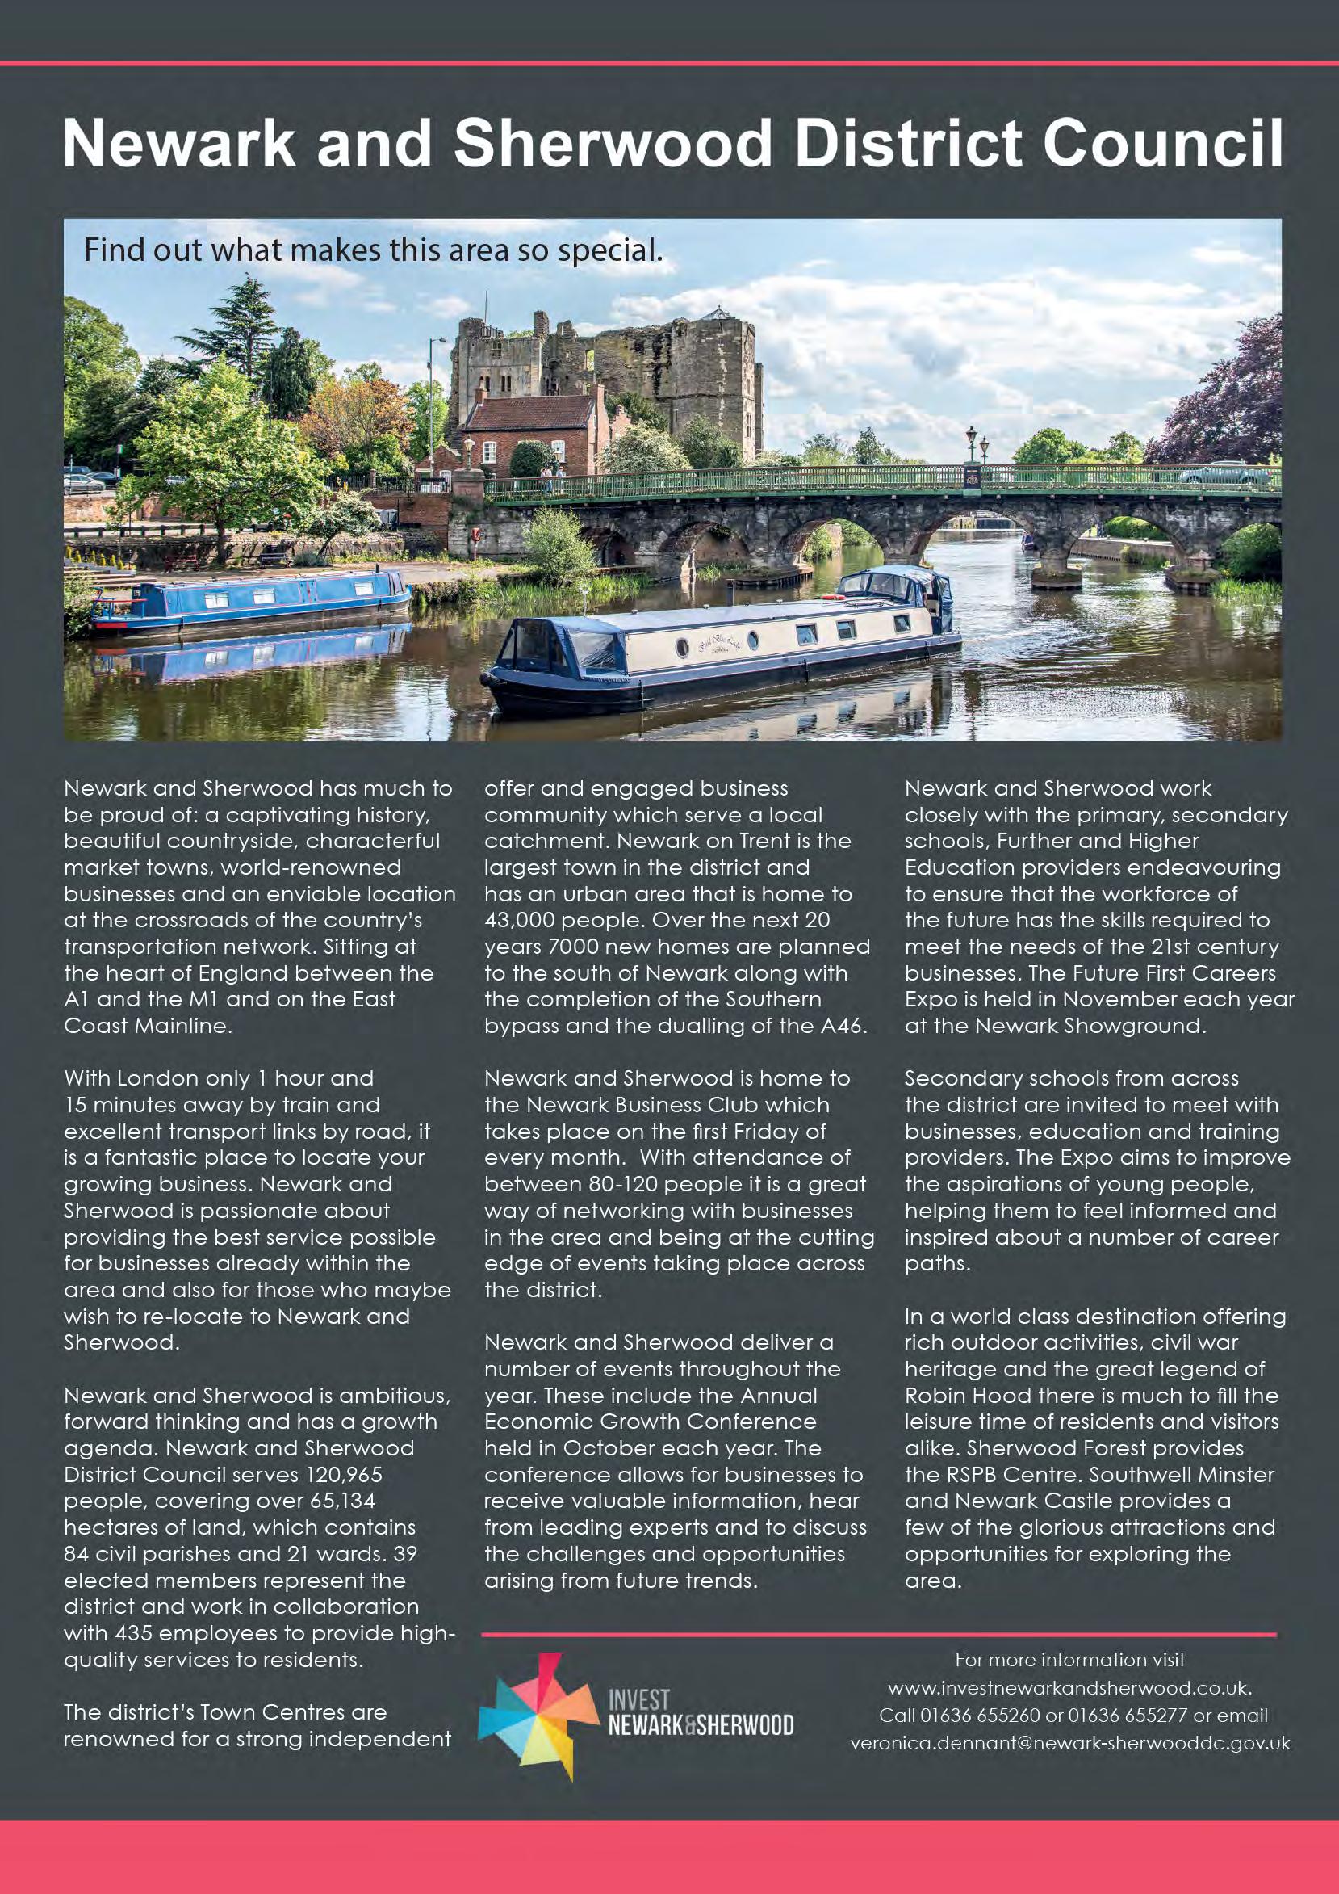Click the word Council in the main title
click(1161, 144)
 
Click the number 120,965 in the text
click(344, 1474)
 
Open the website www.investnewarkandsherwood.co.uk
click(1069, 1688)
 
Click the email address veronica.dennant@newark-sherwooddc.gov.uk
click(1069, 1744)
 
